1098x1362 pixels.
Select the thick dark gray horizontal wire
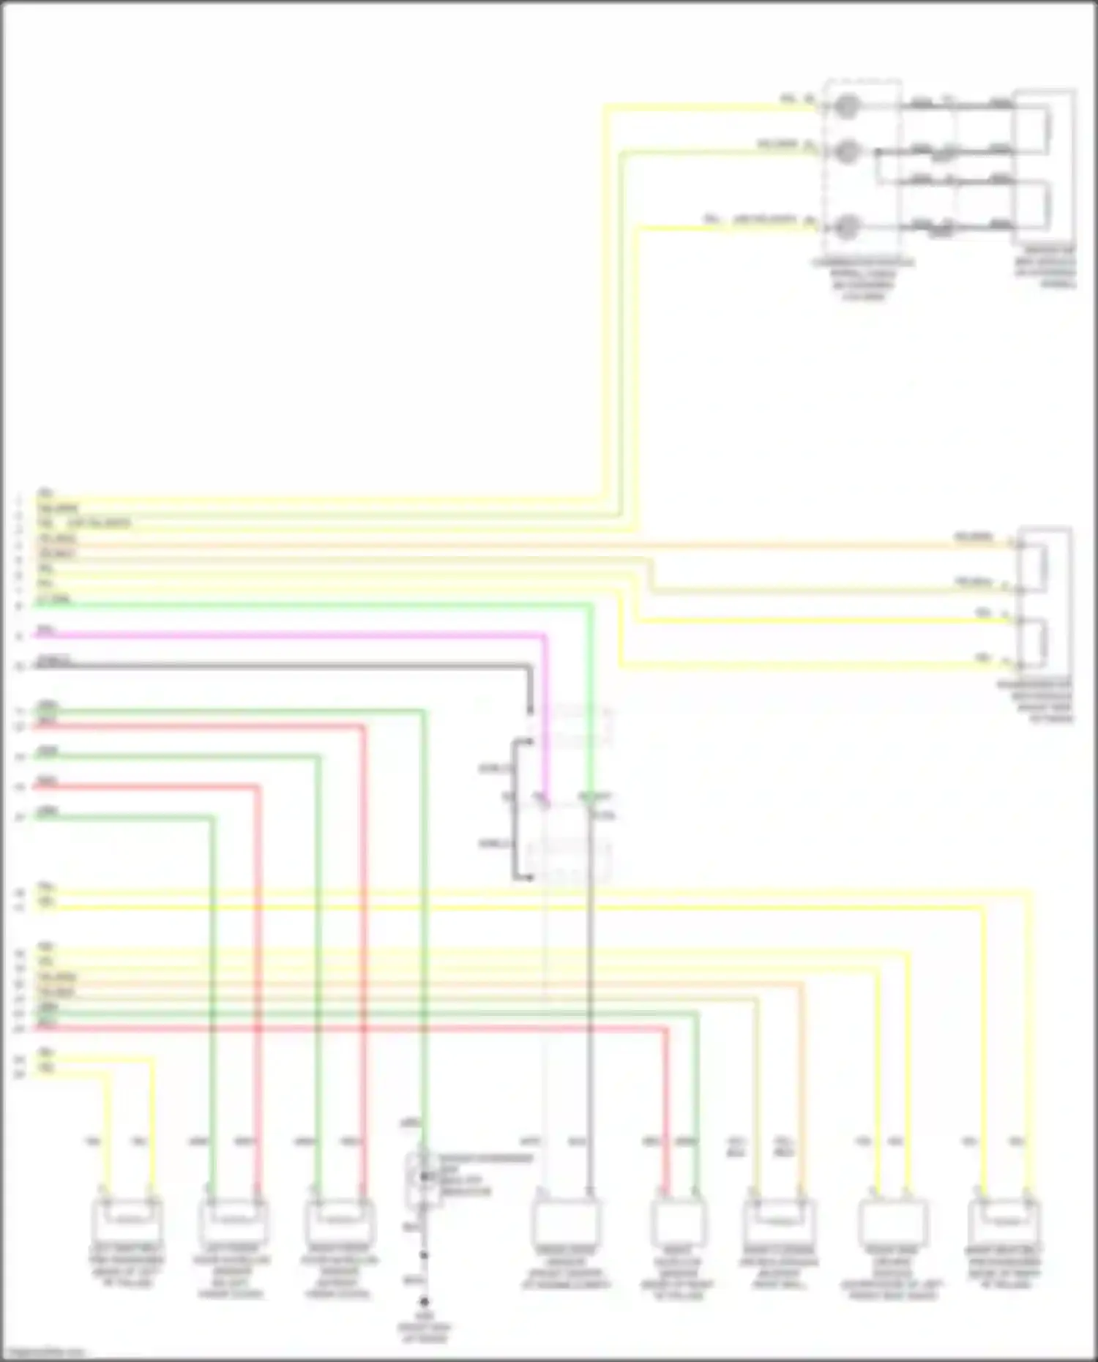[x=293, y=665]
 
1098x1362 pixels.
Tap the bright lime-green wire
[x=293, y=605]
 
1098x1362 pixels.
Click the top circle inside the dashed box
[x=847, y=107]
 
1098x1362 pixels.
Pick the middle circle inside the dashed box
[x=847, y=152]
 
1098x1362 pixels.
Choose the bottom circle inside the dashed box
[x=847, y=228]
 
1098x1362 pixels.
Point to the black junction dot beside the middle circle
[x=877, y=153]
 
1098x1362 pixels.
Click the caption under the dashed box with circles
[x=864, y=280]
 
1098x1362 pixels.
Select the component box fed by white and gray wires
[x=566, y=1221]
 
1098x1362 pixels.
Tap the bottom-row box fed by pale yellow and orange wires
[x=780, y=1221]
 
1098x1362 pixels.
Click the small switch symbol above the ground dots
[x=424, y=1178]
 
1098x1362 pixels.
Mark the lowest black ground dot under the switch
[x=424, y=1302]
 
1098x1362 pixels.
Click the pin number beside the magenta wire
[x=20, y=637]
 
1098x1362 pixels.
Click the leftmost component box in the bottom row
[x=127, y=1221]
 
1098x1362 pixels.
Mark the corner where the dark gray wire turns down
[x=529, y=667]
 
